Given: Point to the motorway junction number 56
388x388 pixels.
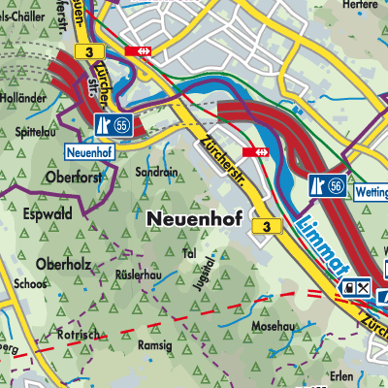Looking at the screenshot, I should (x=334, y=185).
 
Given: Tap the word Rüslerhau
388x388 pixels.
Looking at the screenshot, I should (x=137, y=275).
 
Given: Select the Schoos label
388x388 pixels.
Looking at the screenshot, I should (x=30, y=283).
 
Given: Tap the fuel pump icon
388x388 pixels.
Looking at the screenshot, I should (x=346, y=288).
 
